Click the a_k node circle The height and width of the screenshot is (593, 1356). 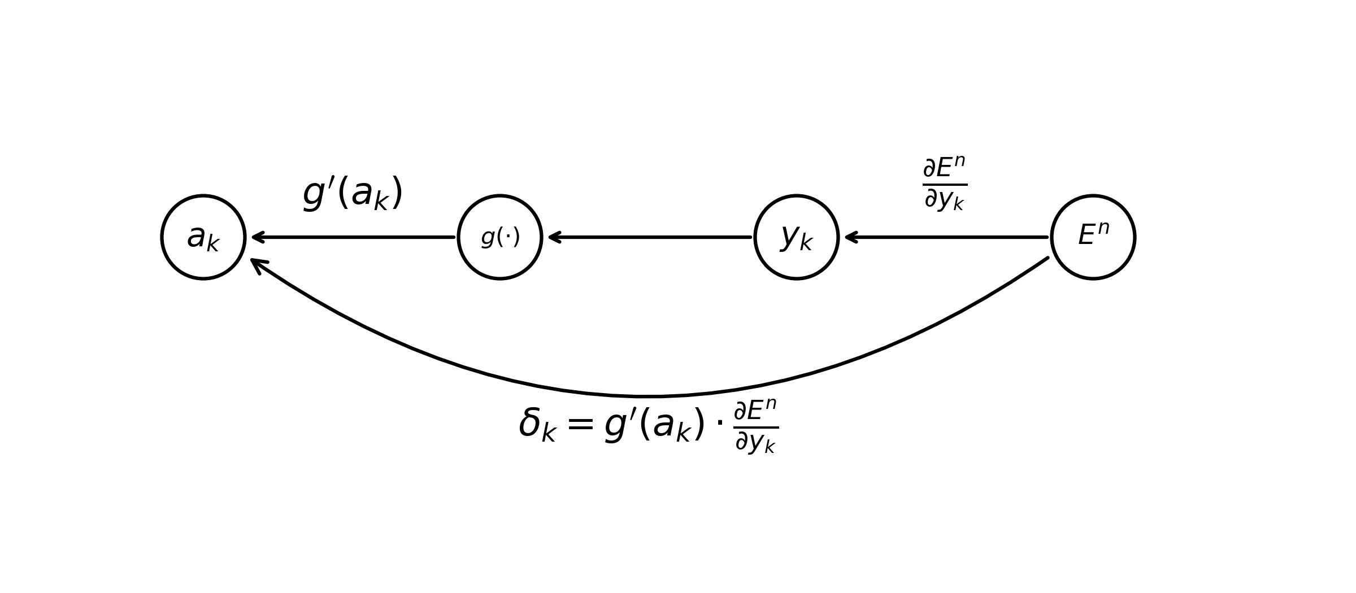click(x=203, y=237)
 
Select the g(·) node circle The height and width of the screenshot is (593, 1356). click(x=500, y=237)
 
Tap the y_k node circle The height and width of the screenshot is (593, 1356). click(x=797, y=237)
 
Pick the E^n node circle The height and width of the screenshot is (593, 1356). click(x=1093, y=237)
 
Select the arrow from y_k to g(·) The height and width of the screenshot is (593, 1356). click(x=650, y=237)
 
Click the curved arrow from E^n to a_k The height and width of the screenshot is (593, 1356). click(x=650, y=396)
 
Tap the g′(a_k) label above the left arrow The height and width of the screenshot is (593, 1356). click(x=353, y=194)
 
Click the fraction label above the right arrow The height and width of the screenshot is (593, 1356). click(x=945, y=184)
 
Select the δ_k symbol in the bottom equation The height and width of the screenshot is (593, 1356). click(x=537, y=425)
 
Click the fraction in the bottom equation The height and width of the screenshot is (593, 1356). click(x=756, y=426)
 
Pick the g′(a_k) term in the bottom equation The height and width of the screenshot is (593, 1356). click(x=654, y=425)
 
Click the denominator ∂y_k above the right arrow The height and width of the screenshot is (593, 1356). click(x=945, y=199)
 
